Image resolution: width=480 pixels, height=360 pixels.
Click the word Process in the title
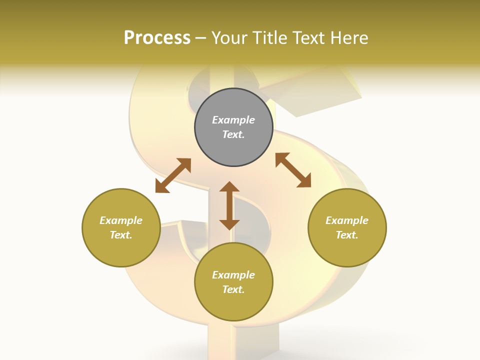coord(157,38)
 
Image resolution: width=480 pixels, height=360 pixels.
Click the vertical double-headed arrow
coord(229,205)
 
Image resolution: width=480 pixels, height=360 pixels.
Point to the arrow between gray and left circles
coord(173,175)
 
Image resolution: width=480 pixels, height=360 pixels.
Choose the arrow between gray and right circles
coord(293,170)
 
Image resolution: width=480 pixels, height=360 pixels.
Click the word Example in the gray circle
coord(233,120)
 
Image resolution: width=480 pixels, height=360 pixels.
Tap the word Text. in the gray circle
coord(233,134)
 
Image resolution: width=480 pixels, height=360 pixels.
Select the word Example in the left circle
coord(121,220)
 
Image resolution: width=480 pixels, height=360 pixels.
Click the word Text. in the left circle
coord(121,235)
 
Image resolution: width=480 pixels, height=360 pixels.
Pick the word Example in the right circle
coord(347,220)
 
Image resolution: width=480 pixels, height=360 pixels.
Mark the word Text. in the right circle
coord(347,235)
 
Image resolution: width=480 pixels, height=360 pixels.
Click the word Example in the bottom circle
coord(233,275)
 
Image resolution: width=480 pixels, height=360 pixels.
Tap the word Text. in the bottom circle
coord(233,289)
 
